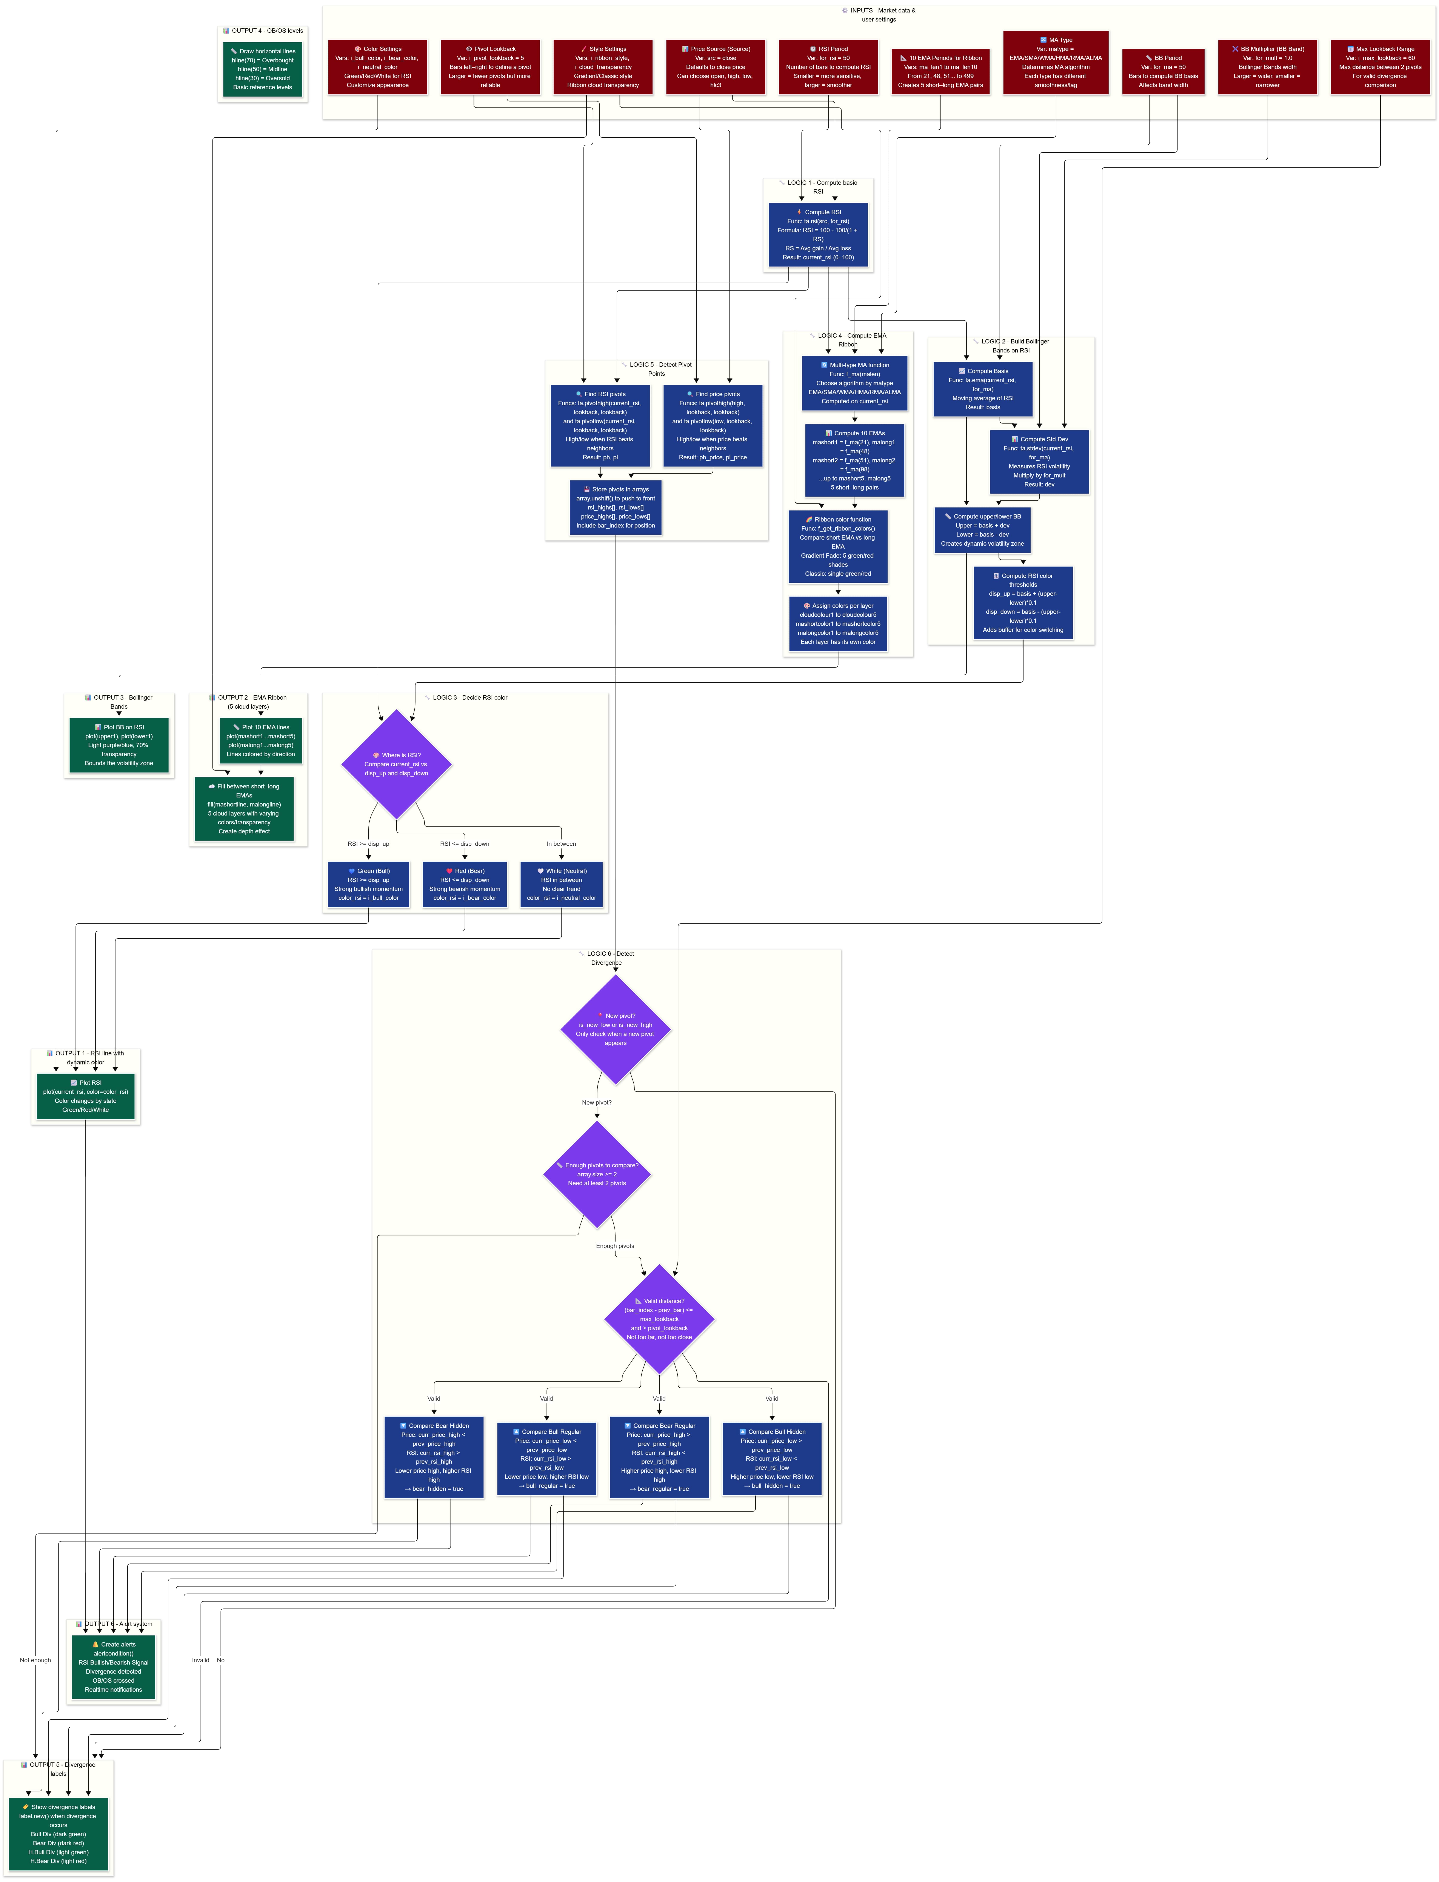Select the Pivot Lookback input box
[490, 67]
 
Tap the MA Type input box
[1055, 63]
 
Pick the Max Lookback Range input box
[1380, 67]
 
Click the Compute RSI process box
[818, 235]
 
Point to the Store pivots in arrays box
[615, 507]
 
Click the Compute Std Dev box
[1039, 462]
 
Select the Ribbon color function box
[838, 546]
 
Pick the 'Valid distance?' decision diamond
[659, 1318]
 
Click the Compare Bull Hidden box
[772, 1459]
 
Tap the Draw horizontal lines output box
[263, 69]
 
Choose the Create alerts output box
[113, 1667]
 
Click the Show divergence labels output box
[58, 1833]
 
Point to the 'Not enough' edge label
[35, 1660]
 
